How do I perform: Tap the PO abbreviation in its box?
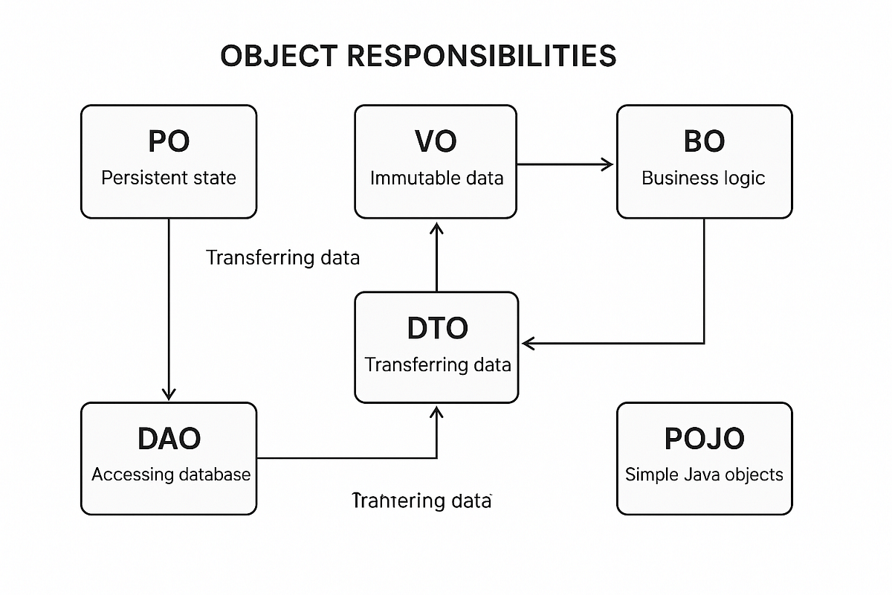coord(169,141)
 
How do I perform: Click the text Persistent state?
coord(169,178)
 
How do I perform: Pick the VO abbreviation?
coord(436,141)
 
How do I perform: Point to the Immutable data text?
coord(436,178)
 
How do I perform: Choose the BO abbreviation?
coord(704,141)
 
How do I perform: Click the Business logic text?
coord(704,178)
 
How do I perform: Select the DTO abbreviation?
coord(437,328)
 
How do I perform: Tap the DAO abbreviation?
coord(169,439)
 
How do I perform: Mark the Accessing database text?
coord(171,475)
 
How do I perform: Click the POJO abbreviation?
coord(704,439)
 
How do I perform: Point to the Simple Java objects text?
coord(704,475)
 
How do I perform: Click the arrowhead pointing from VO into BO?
coord(608,164)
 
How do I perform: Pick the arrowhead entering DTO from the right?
coord(529,343)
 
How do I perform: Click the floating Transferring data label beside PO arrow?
coord(282,258)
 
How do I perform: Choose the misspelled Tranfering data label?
coord(421,501)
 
